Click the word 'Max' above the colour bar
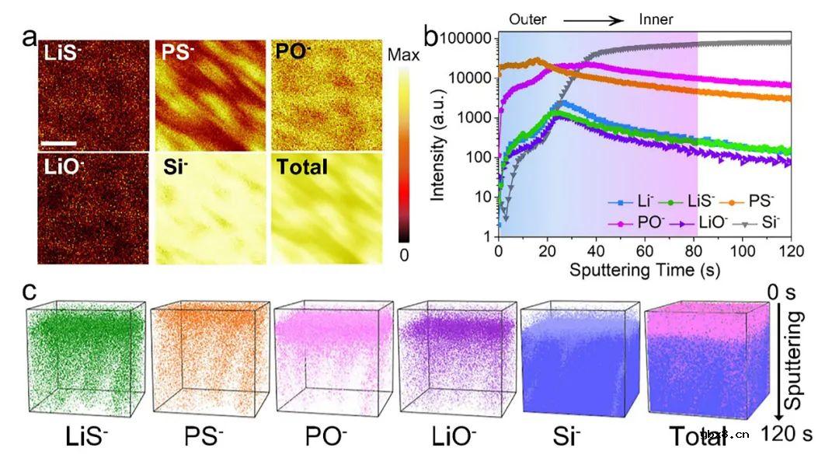click(403, 55)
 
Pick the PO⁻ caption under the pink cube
click(328, 435)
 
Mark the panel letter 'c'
click(29, 292)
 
